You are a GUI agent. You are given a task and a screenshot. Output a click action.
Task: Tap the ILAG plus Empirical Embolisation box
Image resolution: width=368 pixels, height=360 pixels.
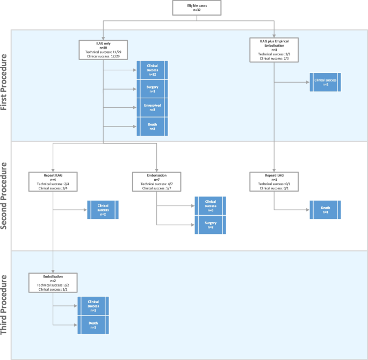point(274,49)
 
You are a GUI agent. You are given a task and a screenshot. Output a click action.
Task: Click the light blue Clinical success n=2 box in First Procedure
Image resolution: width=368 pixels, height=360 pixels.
point(325,82)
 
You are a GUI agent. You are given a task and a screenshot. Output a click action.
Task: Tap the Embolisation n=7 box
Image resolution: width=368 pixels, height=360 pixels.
point(156,181)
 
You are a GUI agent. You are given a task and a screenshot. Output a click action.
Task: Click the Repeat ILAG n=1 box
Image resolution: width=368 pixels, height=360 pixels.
point(274,181)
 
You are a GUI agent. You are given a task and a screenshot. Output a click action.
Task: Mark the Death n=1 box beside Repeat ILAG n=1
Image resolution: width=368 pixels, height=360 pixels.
point(325,209)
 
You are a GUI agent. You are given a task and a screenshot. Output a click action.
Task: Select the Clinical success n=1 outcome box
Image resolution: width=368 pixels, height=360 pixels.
point(93,306)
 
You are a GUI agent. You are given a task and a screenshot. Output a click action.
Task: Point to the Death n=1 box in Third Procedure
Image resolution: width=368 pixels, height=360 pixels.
point(93,325)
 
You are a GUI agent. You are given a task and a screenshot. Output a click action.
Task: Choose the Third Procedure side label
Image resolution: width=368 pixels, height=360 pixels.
point(5,305)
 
